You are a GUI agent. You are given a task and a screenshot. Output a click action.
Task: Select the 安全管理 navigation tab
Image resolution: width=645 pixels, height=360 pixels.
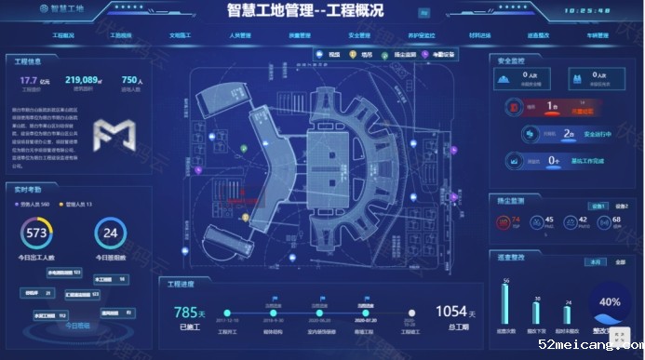[x=359, y=35]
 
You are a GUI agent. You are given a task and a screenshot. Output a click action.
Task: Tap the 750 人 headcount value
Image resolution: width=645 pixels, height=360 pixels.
[x=132, y=81]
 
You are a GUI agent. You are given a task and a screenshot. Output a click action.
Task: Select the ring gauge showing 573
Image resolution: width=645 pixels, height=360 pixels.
[x=37, y=232]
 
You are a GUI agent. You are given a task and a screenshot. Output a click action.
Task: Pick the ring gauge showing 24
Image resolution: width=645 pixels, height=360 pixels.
[x=111, y=232]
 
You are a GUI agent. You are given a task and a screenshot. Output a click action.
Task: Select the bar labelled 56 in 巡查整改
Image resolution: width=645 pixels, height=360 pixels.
[x=506, y=302]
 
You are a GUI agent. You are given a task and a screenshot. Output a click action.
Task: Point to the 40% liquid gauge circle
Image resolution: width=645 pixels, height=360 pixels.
[x=610, y=302]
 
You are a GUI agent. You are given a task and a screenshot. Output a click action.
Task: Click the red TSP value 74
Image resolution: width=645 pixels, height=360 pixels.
[x=516, y=220]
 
